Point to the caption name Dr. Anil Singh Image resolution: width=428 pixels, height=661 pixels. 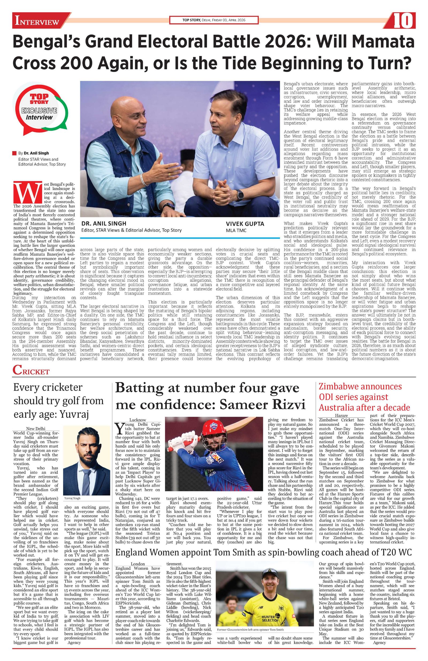[104, 223]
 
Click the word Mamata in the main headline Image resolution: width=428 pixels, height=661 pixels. [382, 42]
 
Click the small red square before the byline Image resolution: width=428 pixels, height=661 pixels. [15, 153]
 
